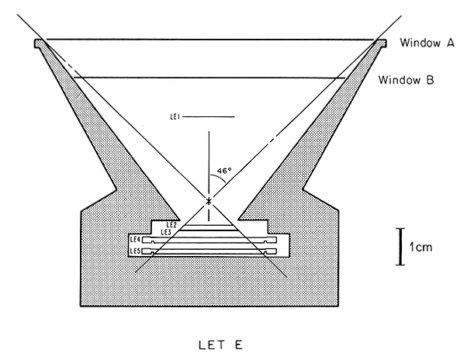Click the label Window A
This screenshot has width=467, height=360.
[427, 43]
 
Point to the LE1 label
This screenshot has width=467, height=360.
[175, 117]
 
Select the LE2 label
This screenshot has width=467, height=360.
[171, 225]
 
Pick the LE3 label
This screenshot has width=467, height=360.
[165, 232]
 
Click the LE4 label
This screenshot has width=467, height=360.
[135, 241]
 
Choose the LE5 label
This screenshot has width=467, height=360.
[135, 251]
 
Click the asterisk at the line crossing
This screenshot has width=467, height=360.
[208, 202]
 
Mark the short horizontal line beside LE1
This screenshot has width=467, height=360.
[209, 117]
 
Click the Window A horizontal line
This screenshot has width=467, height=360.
[209, 40]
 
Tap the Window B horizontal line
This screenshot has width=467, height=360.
[209, 77]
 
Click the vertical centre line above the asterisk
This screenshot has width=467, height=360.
[208, 163]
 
